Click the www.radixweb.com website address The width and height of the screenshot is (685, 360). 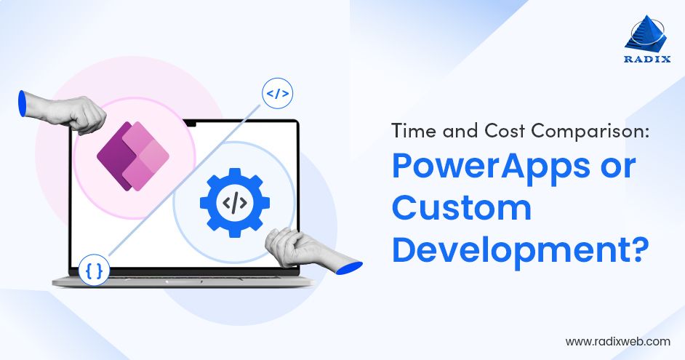[x=617, y=340]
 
